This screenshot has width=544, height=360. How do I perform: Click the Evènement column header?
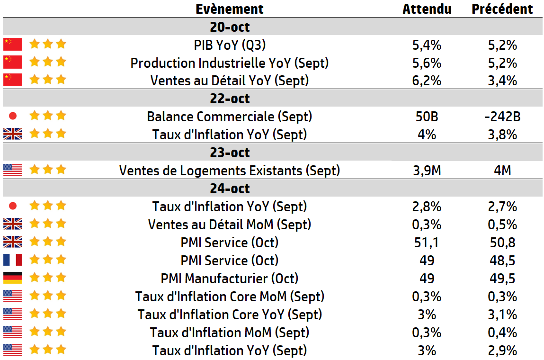pos(230,9)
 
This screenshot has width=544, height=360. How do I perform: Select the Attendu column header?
pos(427,9)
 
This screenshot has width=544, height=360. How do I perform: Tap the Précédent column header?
pos(502,9)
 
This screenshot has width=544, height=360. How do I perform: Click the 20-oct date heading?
pos(230,27)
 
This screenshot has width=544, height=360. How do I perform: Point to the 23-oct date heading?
pos(230,153)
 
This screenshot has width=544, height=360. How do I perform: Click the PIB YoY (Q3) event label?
pos(230,45)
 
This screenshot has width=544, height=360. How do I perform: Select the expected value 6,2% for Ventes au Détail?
pos(427,81)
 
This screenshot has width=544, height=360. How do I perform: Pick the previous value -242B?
pos(502,117)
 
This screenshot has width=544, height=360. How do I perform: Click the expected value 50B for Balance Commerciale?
pos(427,117)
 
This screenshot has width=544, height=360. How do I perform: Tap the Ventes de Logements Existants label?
pos(230,170)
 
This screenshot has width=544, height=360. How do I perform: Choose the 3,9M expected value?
pos(427,170)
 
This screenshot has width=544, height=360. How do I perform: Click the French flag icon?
pos(13,260)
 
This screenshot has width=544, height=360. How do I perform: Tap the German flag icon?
pos(13,278)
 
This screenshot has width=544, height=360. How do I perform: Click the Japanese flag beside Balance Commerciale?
pos(13,116)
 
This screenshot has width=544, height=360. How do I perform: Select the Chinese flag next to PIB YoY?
pos(13,45)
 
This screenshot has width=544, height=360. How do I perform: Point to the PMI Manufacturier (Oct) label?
pos(230,279)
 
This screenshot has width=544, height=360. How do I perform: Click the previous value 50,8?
pos(502,243)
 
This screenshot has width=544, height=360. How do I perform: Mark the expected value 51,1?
pos(427,243)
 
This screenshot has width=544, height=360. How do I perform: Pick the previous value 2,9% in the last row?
pos(502,351)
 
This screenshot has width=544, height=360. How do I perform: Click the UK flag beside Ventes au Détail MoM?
pos(13,224)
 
